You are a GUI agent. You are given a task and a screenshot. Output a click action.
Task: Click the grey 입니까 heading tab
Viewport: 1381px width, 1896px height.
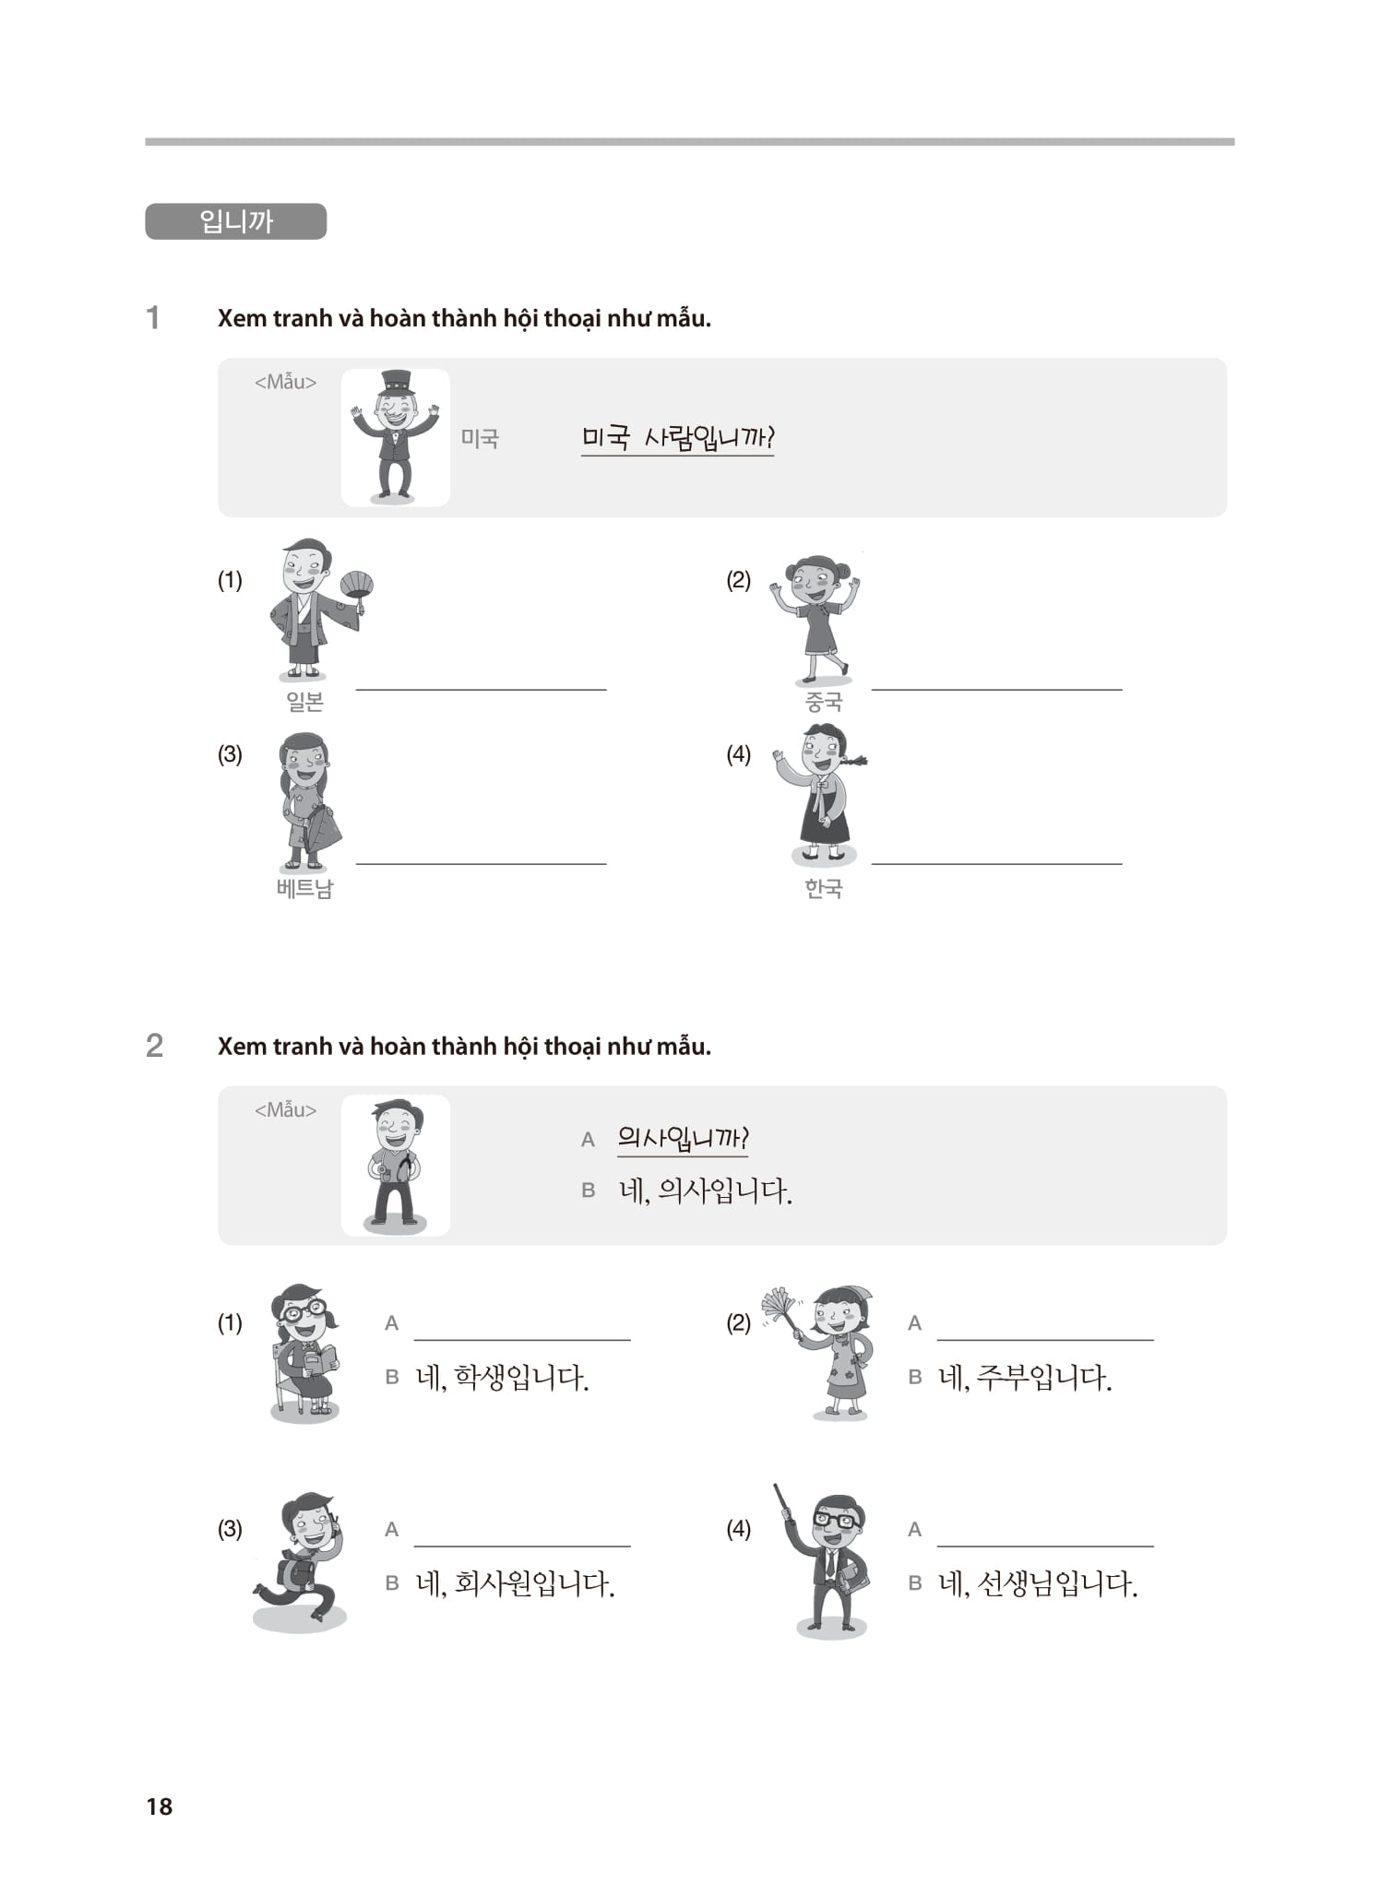tap(235, 221)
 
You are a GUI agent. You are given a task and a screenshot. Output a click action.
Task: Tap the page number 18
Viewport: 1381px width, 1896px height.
tap(160, 1806)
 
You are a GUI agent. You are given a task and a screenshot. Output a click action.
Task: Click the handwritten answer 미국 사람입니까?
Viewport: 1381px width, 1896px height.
tap(677, 437)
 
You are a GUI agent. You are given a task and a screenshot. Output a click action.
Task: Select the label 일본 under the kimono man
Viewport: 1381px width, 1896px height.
tap(304, 702)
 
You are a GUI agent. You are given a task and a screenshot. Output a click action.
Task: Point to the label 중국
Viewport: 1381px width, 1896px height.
tap(823, 702)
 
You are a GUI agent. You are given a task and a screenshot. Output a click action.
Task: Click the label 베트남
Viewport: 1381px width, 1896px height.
tap(304, 888)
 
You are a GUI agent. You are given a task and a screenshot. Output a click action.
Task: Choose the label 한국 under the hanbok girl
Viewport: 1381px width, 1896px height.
tap(823, 888)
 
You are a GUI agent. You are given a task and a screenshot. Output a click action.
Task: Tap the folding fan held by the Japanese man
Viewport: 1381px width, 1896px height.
tap(357, 584)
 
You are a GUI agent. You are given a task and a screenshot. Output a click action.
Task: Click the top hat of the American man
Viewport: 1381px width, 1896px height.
tap(397, 380)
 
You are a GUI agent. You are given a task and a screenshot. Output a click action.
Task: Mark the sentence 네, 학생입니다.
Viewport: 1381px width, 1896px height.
tap(502, 1378)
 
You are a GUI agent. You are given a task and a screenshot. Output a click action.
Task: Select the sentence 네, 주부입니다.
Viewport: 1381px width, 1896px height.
tap(1025, 1378)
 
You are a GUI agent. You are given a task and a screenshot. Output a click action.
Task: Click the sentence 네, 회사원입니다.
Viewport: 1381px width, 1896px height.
tap(515, 1584)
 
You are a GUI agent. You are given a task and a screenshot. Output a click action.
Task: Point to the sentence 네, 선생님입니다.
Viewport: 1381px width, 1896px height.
tap(1038, 1584)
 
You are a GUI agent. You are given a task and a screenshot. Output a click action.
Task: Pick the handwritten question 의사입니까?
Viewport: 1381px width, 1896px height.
tap(683, 1138)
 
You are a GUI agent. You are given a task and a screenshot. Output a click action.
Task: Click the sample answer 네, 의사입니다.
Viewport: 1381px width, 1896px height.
tap(706, 1191)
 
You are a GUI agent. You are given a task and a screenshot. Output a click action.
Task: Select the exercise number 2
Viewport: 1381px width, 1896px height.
tap(155, 1046)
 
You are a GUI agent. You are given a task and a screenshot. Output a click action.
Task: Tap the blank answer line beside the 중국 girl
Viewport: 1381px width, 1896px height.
tap(996, 688)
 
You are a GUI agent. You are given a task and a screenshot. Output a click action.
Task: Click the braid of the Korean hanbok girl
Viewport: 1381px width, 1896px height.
tap(855, 761)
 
